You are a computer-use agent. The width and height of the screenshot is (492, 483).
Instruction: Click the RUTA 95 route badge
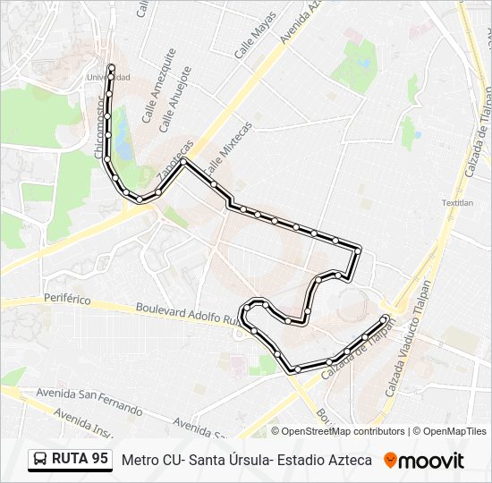tap(70, 460)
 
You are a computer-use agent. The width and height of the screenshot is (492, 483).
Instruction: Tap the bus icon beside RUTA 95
tap(41, 460)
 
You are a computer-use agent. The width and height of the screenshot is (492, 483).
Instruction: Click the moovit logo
tap(424, 461)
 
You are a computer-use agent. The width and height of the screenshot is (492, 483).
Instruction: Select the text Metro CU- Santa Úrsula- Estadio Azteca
tap(246, 460)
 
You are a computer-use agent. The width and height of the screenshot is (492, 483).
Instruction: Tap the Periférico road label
tap(67, 300)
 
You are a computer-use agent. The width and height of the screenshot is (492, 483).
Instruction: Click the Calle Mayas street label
tap(255, 41)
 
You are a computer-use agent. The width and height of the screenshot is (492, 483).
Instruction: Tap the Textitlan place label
tap(457, 203)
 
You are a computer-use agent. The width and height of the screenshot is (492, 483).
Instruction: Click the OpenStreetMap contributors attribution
tap(338, 431)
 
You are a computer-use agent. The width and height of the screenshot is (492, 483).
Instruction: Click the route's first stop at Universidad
tap(111, 67)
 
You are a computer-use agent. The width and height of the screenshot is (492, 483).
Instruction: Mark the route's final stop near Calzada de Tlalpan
tap(386, 318)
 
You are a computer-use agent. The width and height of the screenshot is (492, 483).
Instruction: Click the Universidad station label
tap(108, 78)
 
